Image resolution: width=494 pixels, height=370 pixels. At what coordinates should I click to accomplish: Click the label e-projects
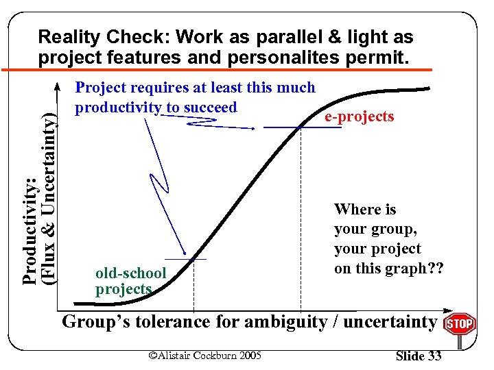pyautogui.click(x=359, y=116)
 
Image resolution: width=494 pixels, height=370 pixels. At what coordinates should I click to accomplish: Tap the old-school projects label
pyautogui.click(x=130, y=281)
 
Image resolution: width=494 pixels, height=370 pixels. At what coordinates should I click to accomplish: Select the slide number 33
pyautogui.click(x=419, y=355)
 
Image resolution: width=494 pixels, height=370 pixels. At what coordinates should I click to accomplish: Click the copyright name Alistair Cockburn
pyautogui.click(x=192, y=355)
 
